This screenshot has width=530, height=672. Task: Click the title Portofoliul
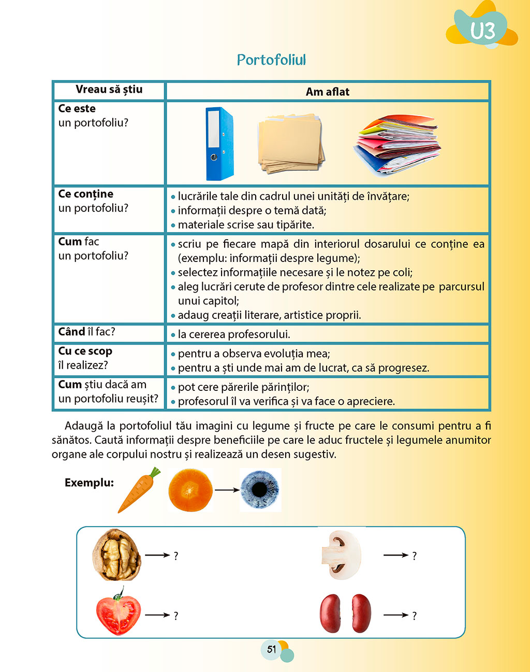pyautogui.click(x=271, y=60)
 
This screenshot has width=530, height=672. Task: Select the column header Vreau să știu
pyautogui.click(x=109, y=90)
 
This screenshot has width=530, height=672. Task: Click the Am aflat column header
pyautogui.click(x=327, y=92)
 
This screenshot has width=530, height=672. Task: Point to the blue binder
pyautogui.click(x=219, y=143)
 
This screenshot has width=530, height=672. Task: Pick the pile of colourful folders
pyautogui.click(x=397, y=144)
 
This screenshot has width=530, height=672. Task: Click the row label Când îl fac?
pyautogui.click(x=86, y=332)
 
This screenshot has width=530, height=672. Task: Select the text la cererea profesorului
pyautogui.click(x=233, y=334)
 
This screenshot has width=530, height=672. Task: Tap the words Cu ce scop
pyautogui.click(x=85, y=351)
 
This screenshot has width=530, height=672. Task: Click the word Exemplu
pyautogui.click(x=89, y=483)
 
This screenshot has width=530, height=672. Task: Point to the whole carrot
pyautogui.click(x=138, y=490)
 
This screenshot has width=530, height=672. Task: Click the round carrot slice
pyautogui.click(x=190, y=490)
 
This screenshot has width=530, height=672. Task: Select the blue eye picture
pyautogui.click(x=260, y=490)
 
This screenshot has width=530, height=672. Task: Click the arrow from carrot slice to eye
pyautogui.click(x=227, y=490)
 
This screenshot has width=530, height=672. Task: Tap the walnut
pyautogui.click(x=116, y=555)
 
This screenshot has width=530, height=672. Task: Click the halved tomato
pyautogui.click(x=119, y=613)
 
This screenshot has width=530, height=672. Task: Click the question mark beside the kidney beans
pyautogui.click(x=414, y=616)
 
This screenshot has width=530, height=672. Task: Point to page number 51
pyautogui.click(x=272, y=649)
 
